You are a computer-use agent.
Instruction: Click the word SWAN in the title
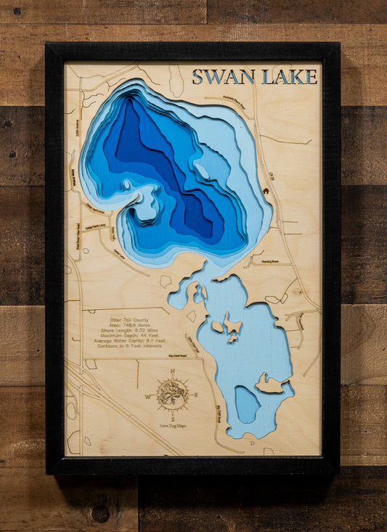[x=223, y=77]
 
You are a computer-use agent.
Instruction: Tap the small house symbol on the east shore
[x=266, y=191]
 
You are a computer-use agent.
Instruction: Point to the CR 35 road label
[x=271, y=177]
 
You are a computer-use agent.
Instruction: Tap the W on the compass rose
[x=148, y=397]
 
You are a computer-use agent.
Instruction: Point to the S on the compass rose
[x=173, y=420]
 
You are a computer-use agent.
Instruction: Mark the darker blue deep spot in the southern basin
[x=247, y=404]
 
